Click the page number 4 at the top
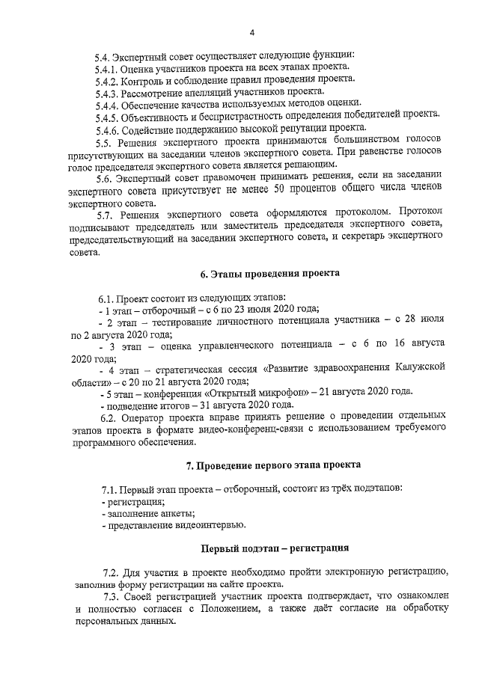pyautogui.click(x=252, y=32)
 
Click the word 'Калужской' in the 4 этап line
pyautogui.click(x=415, y=368)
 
